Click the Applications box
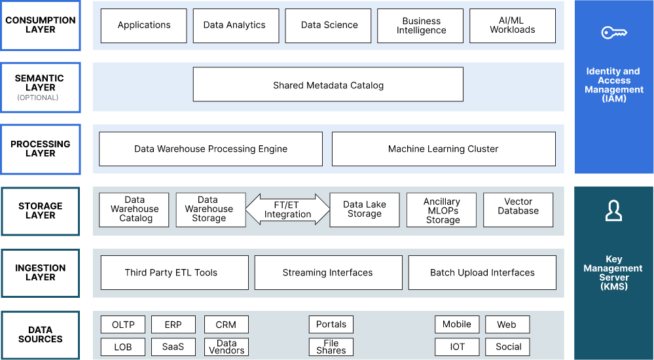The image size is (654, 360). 144,26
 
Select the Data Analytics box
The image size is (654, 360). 234,26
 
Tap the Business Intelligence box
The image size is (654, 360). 421,26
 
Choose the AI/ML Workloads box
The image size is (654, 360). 513,26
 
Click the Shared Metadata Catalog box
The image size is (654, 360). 328,85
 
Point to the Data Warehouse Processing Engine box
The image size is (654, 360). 211,149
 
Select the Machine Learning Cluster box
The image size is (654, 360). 443,149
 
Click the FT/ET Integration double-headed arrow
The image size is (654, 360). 287,209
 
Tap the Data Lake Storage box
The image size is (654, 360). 365,209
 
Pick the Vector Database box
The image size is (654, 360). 518,209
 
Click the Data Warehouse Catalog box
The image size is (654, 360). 134,209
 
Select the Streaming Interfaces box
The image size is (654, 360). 328,273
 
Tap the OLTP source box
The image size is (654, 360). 123,325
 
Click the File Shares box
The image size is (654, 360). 331,347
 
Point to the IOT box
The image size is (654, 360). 457,347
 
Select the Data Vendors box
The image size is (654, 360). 227,347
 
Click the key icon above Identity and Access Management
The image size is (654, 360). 613,33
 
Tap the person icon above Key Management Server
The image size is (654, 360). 613,211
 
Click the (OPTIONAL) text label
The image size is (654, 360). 38,98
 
